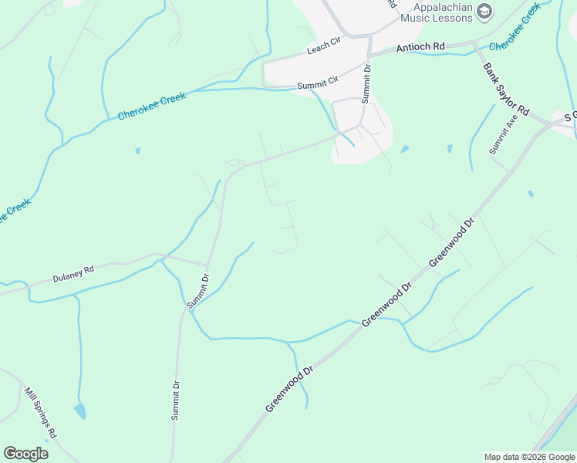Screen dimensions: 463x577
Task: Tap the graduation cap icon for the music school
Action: tap(484, 11)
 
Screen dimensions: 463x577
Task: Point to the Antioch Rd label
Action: tap(420, 47)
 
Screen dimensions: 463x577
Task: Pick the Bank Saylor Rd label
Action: tap(506, 89)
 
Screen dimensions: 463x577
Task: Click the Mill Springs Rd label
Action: tap(40, 413)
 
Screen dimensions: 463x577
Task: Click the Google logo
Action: tap(25, 454)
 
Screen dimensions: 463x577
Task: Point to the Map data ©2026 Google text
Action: tap(529, 457)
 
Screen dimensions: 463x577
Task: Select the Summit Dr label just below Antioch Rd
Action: tap(368, 80)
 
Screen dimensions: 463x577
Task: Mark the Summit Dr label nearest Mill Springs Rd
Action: tap(176, 400)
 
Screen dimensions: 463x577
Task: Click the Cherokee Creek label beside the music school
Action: tap(514, 27)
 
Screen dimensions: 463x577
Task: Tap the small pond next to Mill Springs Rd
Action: tap(80, 411)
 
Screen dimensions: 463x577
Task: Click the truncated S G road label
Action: tap(570, 116)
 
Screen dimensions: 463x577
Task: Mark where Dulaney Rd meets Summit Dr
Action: tap(207, 264)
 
